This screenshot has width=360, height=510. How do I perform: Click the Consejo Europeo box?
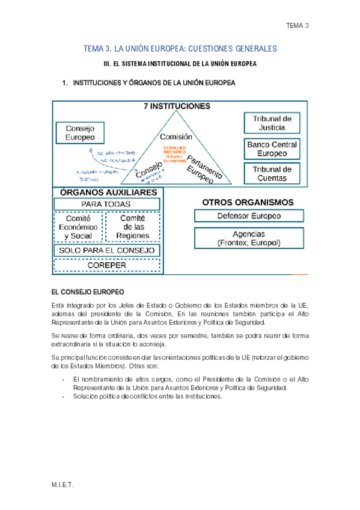pyautogui.click(x=80, y=133)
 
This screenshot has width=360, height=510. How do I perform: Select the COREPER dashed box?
pyautogui.click(x=107, y=265)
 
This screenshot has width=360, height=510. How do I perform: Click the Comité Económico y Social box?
pyautogui.click(x=81, y=227)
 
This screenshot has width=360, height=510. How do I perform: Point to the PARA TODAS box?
pyautogui.click(x=107, y=204)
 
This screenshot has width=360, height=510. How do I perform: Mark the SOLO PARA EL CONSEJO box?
pyautogui.click(x=107, y=250)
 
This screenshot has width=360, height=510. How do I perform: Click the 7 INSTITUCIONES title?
pyautogui.click(x=176, y=106)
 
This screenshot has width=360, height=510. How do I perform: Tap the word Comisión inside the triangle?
pyautogui.click(x=176, y=137)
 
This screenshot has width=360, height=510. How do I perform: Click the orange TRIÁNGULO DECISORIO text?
pyautogui.click(x=175, y=151)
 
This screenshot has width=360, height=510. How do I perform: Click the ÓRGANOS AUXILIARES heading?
pyautogui.click(x=108, y=192)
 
